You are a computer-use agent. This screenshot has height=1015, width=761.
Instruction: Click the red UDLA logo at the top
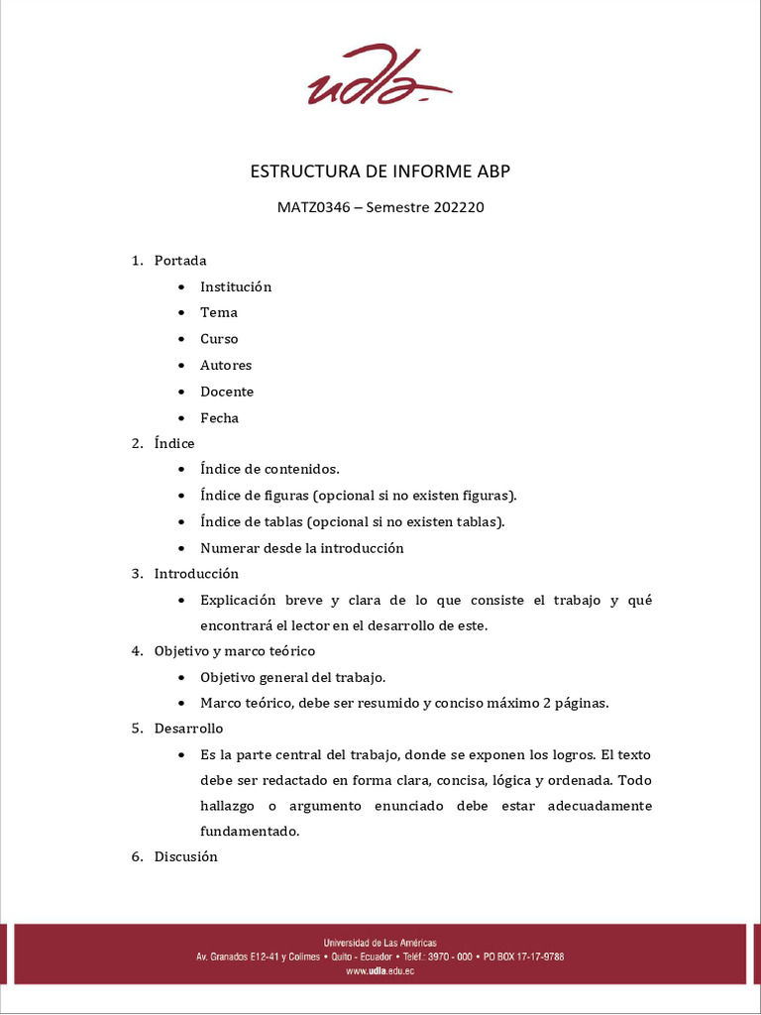click(380, 76)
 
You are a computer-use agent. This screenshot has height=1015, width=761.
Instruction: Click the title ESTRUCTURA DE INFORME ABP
click(380, 171)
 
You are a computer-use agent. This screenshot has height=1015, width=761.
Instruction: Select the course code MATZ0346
click(314, 208)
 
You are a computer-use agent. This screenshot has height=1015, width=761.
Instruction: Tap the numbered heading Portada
click(180, 261)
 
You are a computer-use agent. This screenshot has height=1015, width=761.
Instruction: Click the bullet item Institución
click(236, 286)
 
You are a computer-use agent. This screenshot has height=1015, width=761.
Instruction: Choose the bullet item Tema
click(219, 312)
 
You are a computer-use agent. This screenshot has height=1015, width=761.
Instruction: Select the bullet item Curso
click(219, 339)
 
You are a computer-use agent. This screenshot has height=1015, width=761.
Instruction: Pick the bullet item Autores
click(226, 365)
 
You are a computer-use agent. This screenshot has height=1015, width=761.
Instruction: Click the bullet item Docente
click(227, 392)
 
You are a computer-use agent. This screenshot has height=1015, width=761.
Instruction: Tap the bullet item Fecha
click(219, 417)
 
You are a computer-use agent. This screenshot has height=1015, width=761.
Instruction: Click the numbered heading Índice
click(174, 443)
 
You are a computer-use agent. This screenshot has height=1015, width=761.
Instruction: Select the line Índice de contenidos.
click(270, 469)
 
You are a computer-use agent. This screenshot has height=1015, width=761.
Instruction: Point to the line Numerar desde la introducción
click(301, 547)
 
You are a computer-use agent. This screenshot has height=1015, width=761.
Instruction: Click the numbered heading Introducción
click(196, 574)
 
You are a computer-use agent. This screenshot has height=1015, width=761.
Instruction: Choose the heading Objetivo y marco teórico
click(234, 651)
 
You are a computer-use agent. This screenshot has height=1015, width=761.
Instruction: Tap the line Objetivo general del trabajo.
click(292, 677)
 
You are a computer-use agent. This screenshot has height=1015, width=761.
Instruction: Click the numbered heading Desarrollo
click(188, 729)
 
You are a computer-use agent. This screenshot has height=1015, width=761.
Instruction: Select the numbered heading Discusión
click(185, 856)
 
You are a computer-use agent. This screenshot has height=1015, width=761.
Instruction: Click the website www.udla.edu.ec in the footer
click(380, 971)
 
